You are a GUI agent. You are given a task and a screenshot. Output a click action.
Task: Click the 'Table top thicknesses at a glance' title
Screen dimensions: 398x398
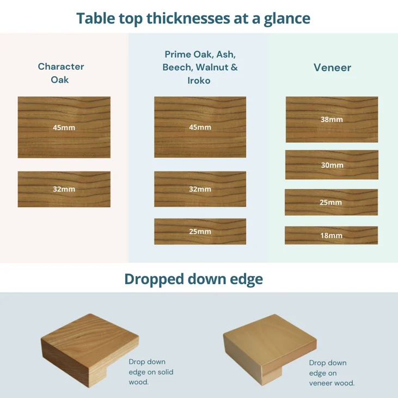click(193, 19)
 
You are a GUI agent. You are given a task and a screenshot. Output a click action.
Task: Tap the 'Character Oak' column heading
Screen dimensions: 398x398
click(60, 73)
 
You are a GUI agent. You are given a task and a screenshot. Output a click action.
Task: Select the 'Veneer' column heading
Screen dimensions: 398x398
click(332, 68)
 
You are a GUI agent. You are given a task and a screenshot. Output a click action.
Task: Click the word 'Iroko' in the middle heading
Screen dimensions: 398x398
click(199, 81)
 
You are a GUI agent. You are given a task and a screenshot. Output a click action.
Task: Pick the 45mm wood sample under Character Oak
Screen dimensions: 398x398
click(64, 127)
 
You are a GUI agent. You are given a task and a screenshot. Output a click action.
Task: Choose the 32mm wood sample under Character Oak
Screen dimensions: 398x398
click(64, 189)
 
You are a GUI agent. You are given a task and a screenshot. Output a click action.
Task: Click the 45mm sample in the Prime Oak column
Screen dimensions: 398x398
click(200, 127)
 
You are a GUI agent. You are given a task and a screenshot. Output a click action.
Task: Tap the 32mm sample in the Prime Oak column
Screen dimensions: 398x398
click(200, 189)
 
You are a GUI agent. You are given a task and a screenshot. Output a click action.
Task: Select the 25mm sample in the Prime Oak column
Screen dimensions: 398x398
click(200, 231)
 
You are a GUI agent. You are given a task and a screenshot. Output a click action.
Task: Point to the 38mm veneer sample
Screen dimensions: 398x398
click(332, 119)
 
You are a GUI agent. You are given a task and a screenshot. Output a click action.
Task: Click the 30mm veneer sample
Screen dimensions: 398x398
click(332, 165)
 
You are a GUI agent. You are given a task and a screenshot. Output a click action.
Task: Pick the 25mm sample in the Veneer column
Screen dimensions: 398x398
click(331, 203)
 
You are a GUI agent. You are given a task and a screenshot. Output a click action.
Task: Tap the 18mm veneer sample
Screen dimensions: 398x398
click(331, 235)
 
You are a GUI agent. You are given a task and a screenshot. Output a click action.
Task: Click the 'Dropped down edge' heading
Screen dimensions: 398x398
click(193, 279)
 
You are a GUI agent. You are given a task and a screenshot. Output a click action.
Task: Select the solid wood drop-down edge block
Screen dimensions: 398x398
click(90, 350)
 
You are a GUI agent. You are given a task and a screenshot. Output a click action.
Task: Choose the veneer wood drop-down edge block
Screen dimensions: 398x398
click(270, 350)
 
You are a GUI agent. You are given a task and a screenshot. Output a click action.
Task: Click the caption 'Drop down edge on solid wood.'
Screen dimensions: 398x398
click(151, 372)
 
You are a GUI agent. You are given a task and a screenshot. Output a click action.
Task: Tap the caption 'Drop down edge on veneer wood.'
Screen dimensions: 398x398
click(332, 373)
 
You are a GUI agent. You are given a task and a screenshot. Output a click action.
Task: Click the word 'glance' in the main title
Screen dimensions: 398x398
click(287, 19)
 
